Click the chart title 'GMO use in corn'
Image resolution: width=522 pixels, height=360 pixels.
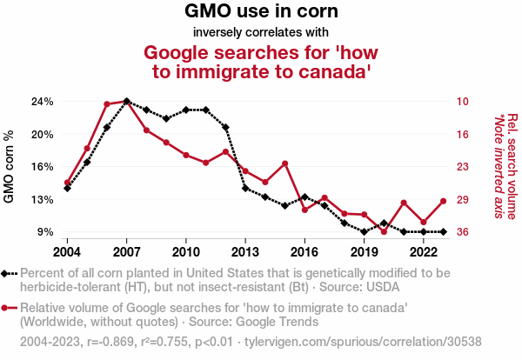[261, 12]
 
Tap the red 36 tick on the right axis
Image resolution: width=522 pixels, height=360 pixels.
[463, 232]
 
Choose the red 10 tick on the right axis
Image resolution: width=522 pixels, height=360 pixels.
[463, 102]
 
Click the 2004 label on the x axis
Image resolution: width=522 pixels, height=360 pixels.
[67, 252]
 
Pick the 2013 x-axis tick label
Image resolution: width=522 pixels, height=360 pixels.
[245, 252]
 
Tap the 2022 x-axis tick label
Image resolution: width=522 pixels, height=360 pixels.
[424, 252]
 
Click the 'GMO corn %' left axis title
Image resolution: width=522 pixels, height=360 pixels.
[10, 166]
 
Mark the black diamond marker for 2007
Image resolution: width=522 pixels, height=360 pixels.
[126, 101]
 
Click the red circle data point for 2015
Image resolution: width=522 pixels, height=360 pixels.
[285, 163]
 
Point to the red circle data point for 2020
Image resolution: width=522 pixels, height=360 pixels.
[384, 232]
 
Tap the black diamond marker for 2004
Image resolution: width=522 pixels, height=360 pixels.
[67, 188]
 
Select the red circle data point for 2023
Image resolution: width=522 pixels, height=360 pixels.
[444, 201]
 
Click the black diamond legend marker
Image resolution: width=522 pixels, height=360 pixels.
[10, 273]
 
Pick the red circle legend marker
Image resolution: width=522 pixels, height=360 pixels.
[10, 308]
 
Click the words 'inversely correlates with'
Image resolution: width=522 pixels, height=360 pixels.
[261, 33]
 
